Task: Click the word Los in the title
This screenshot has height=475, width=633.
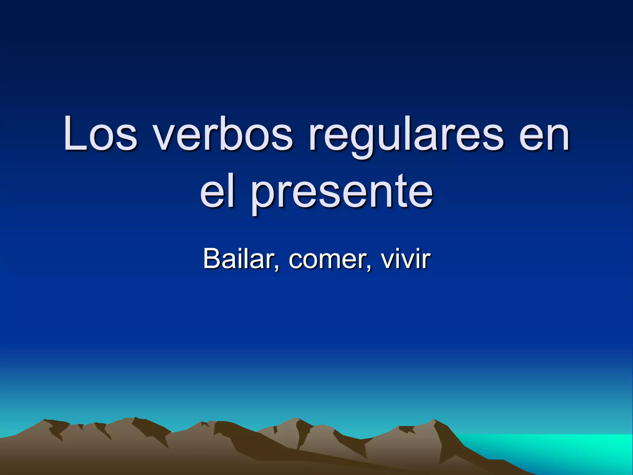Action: [x=100, y=134]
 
